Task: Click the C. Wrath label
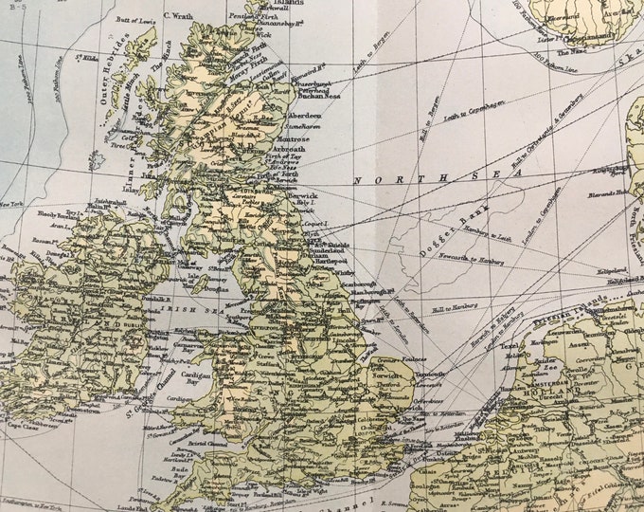point(178,15)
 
